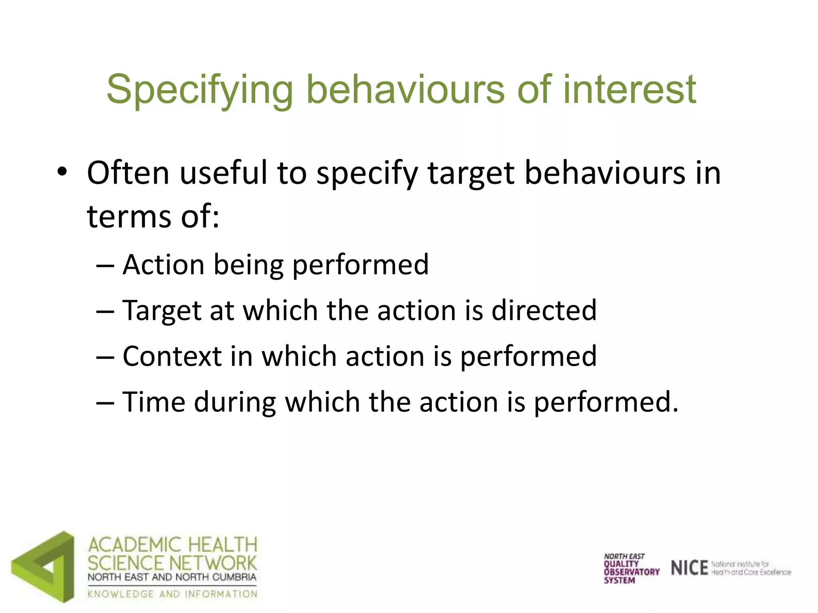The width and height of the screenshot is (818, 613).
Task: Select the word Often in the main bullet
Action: click(128, 173)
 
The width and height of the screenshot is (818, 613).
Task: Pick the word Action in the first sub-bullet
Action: click(163, 265)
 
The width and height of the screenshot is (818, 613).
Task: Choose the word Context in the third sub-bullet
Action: click(172, 356)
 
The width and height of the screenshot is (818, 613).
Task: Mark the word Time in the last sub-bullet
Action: click(153, 401)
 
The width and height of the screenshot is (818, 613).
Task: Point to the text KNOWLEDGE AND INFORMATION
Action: click(172, 594)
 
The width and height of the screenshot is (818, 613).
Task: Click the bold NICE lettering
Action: click(689, 568)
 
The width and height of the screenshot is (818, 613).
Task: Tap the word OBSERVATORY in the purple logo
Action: click(631, 572)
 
